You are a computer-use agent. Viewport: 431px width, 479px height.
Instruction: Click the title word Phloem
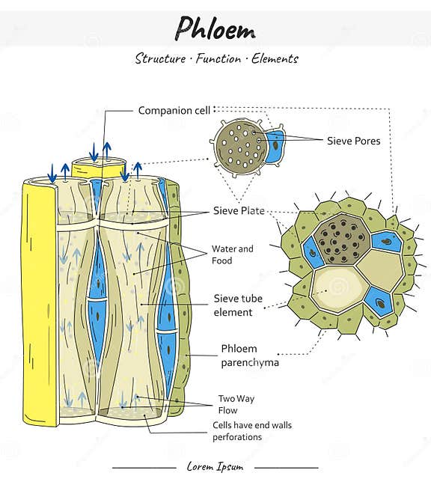click(215, 28)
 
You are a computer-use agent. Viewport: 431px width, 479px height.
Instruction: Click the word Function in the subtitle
click(218, 58)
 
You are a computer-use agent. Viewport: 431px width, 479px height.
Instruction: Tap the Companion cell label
click(174, 110)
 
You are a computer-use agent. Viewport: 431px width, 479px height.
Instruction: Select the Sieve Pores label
click(354, 141)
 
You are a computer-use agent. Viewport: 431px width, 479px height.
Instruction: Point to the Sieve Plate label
click(239, 210)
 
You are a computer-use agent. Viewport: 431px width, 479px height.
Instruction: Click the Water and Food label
click(233, 254)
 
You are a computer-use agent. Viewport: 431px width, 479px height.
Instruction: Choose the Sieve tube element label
click(238, 305)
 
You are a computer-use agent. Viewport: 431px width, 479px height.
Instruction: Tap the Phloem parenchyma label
click(250, 356)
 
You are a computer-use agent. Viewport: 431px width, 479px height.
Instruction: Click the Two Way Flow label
click(236, 404)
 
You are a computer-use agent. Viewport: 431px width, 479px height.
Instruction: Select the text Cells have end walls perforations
click(252, 431)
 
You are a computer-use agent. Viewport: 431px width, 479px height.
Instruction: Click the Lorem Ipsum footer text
click(215, 466)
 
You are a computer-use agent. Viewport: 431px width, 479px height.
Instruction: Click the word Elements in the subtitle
click(275, 58)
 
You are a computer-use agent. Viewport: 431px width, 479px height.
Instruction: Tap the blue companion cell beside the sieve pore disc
click(275, 146)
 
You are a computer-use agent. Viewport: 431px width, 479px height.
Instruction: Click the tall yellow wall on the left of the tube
click(40, 302)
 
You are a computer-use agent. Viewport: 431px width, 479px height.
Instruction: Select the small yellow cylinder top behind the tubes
click(99, 168)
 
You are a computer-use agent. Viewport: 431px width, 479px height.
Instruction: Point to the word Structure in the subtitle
click(160, 58)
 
